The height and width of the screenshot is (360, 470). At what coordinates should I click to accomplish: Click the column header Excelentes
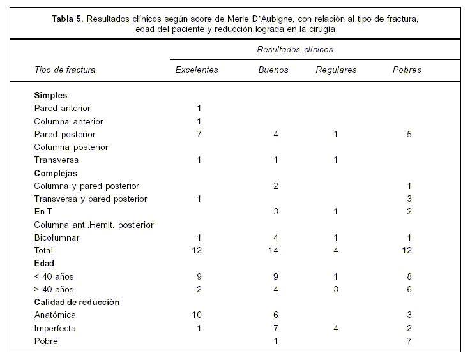(x=197, y=70)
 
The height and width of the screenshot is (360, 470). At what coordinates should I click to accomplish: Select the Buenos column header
(x=273, y=70)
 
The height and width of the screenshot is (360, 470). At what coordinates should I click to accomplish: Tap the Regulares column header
(x=336, y=70)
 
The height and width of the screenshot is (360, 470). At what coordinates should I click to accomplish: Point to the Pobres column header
(x=407, y=70)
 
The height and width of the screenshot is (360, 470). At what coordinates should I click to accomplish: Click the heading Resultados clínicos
(x=295, y=49)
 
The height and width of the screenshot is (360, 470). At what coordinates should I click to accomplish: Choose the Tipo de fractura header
(x=64, y=70)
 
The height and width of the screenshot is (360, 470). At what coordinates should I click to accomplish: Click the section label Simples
(x=50, y=95)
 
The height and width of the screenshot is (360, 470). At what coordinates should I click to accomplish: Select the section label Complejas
(x=56, y=173)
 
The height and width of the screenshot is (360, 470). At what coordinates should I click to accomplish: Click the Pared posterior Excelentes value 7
(x=199, y=134)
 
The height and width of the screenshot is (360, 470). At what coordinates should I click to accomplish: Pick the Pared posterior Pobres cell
(x=409, y=134)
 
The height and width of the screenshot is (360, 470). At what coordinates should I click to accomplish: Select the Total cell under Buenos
(x=275, y=250)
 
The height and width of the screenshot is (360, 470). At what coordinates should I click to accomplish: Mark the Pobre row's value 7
(x=409, y=341)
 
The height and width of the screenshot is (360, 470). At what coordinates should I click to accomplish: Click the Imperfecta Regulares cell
(x=336, y=328)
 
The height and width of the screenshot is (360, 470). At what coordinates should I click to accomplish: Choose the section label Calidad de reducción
(x=77, y=302)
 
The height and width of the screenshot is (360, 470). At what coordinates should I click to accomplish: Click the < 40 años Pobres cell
(x=409, y=276)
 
